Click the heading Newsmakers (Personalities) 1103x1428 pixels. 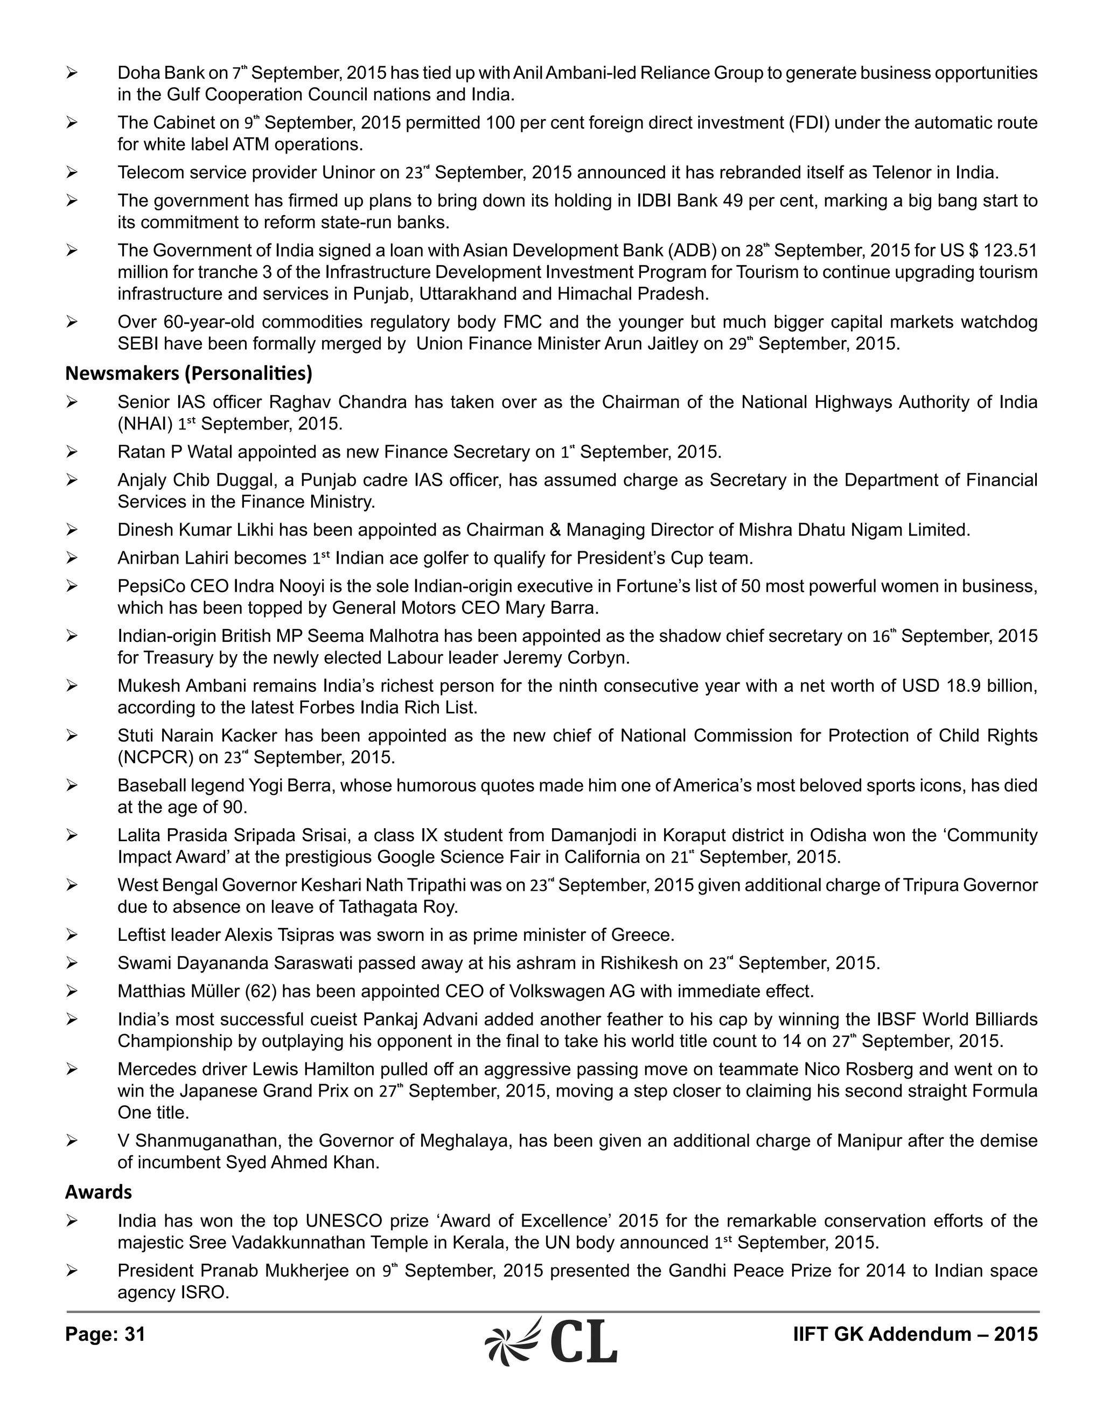coord(188,373)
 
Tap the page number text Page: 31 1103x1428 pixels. coord(105,1334)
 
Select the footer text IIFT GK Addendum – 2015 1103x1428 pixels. coord(915,1334)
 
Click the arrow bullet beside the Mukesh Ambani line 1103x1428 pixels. coord(72,686)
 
